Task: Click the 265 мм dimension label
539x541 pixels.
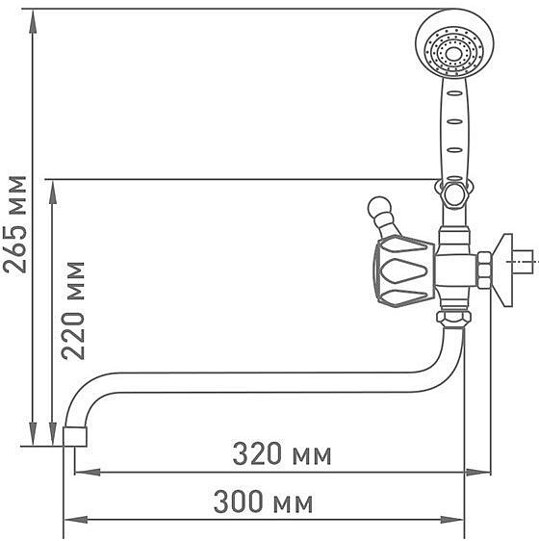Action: click(x=14, y=224)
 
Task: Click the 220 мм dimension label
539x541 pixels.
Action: click(x=73, y=311)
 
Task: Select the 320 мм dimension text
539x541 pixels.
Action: click(x=282, y=453)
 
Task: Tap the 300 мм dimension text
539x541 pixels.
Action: click(x=263, y=502)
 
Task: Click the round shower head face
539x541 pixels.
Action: click(x=454, y=44)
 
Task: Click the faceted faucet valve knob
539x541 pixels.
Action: click(x=404, y=271)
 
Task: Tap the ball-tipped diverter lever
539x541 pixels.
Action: click(x=384, y=217)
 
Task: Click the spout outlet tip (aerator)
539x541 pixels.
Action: click(x=75, y=436)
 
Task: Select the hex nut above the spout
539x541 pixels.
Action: click(x=453, y=317)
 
